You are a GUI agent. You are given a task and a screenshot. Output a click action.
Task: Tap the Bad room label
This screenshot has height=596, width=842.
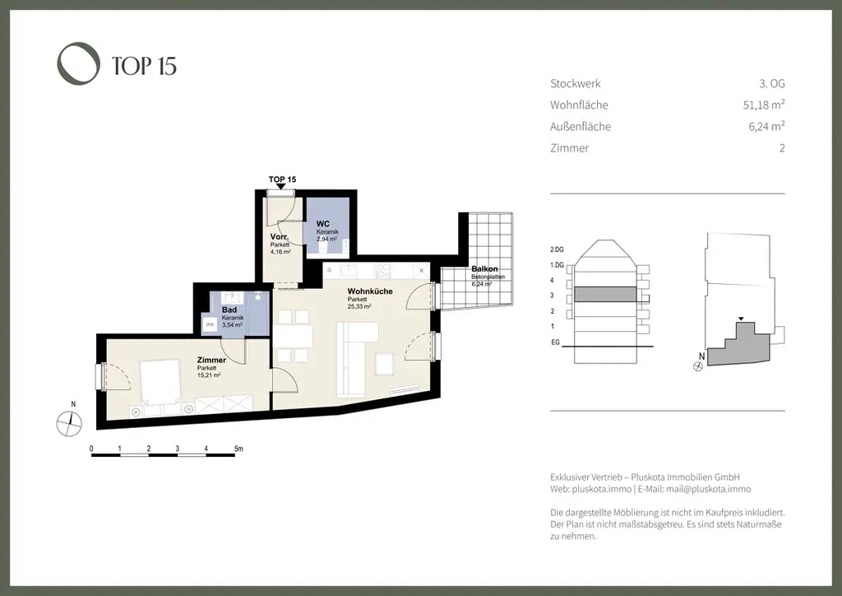[229, 310]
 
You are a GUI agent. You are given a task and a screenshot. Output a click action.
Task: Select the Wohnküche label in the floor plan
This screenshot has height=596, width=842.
[369, 291]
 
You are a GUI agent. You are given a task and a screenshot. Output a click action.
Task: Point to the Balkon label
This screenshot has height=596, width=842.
[484, 269]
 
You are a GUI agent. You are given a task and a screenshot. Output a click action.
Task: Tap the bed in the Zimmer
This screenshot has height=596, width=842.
[160, 384]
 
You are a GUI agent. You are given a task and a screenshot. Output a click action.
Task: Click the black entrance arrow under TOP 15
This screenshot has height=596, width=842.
[281, 188]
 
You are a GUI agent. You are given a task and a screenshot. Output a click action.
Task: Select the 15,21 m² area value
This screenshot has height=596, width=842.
[209, 375]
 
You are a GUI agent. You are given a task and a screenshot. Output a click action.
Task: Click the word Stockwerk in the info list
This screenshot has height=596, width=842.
[575, 84]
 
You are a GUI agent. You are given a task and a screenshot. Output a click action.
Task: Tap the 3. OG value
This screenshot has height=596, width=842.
[771, 84]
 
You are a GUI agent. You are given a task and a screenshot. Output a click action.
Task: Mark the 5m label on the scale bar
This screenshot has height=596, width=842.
[238, 449]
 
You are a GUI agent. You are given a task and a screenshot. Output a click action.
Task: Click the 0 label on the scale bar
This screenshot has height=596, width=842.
[91, 449]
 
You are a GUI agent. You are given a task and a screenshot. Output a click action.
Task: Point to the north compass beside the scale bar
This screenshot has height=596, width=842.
[69, 421]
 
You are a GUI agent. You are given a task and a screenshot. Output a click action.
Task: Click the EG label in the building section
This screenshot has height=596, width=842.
[556, 343]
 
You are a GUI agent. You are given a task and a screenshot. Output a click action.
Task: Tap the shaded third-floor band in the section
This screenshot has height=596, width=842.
[604, 294]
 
